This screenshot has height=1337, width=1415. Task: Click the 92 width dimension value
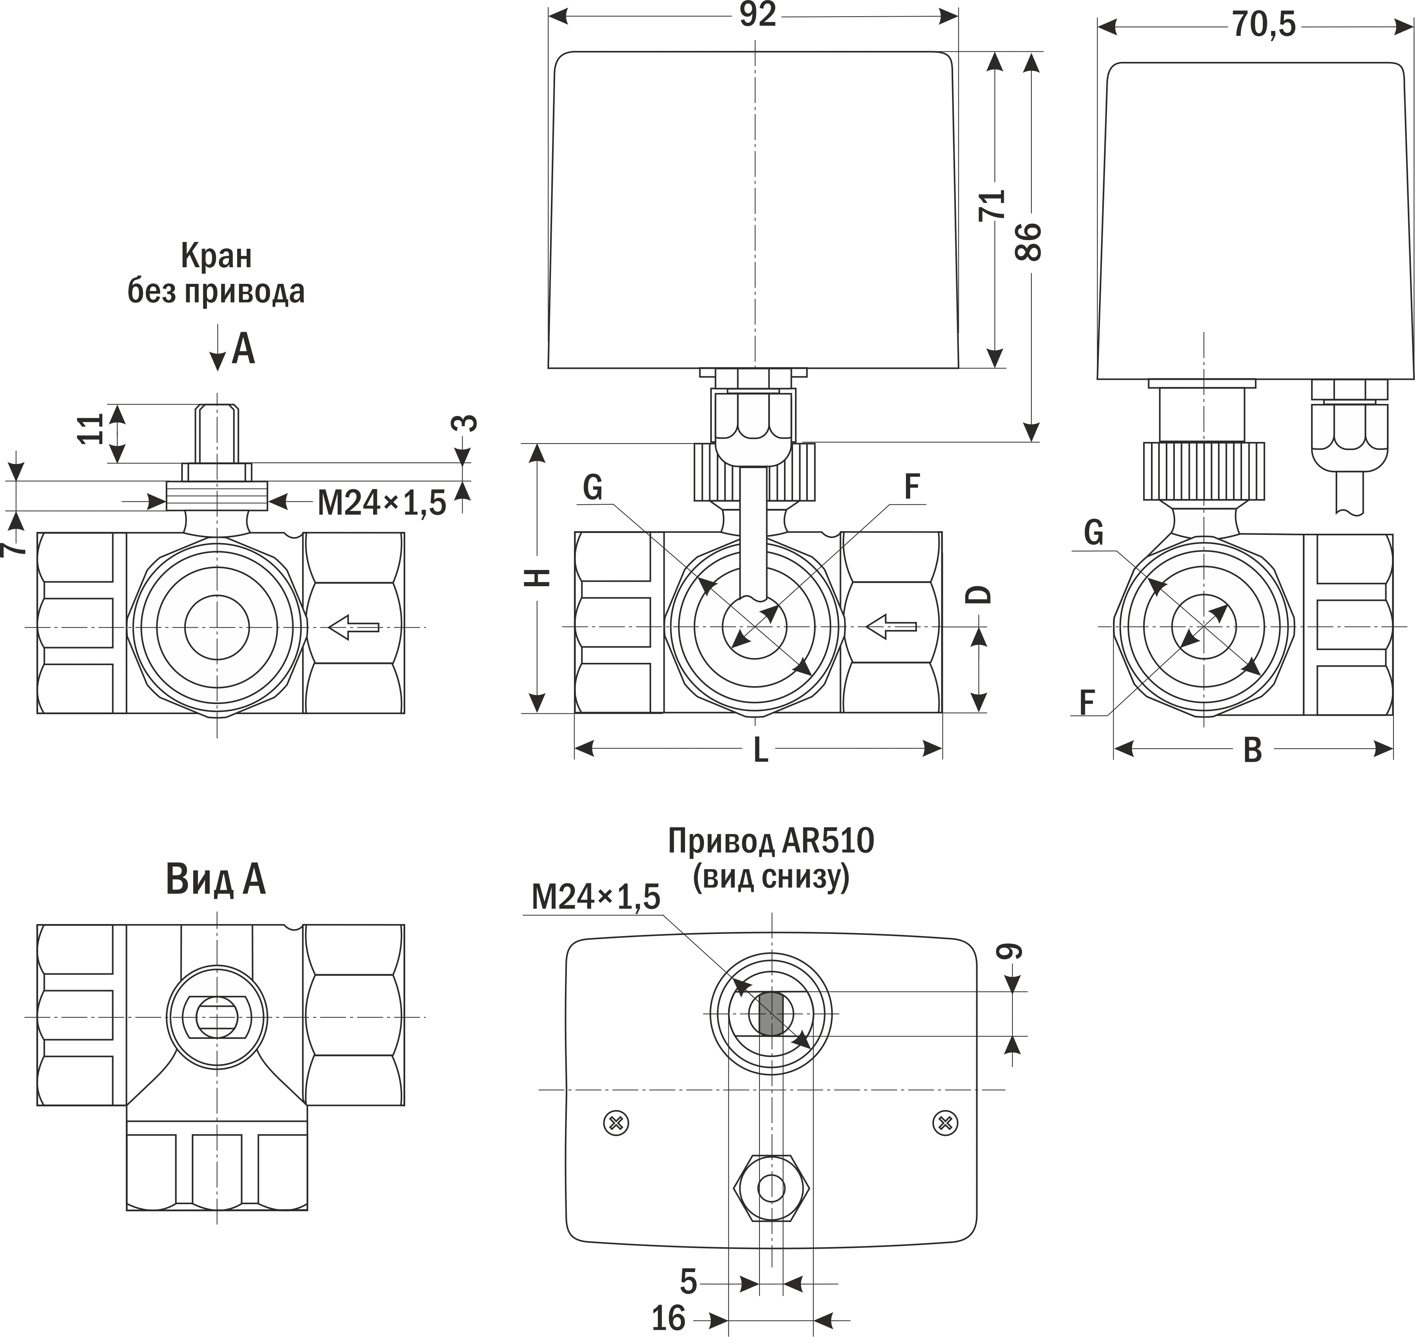click(757, 16)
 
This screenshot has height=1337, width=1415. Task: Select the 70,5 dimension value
click(1263, 26)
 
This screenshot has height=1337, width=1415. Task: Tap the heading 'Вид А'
click(215, 880)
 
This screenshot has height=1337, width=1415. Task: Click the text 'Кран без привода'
click(216, 274)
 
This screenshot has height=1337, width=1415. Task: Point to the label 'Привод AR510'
click(771, 842)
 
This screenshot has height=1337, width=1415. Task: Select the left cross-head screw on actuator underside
click(616, 1124)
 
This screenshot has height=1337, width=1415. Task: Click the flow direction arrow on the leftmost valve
click(353, 627)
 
